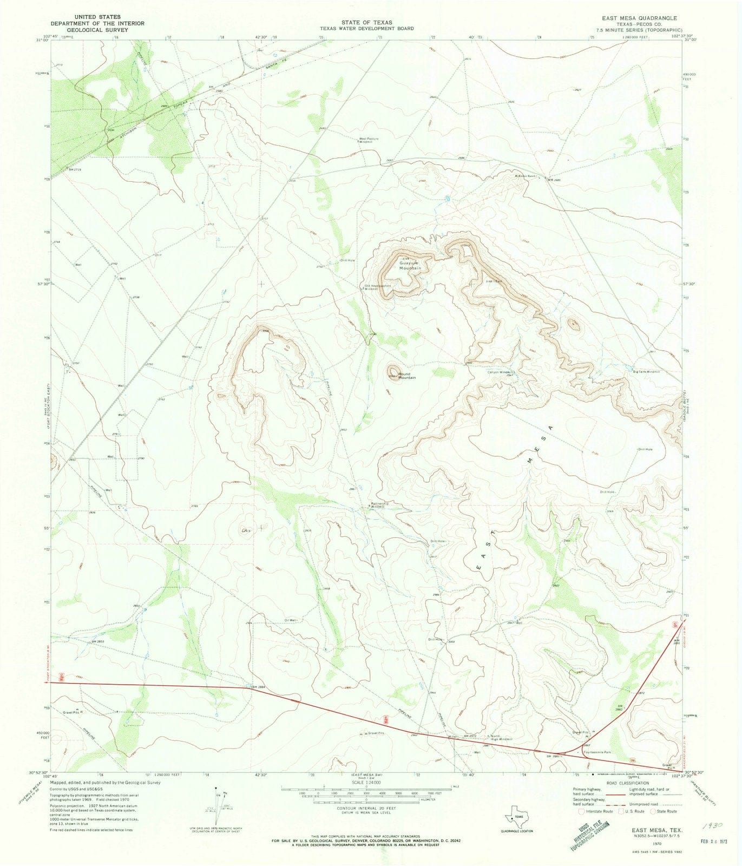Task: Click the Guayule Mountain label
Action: coord(409,265)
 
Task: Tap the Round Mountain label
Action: coord(407,376)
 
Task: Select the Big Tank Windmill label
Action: coord(647,371)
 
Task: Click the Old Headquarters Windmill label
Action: coord(377,287)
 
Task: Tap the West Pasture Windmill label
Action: coord(369,140)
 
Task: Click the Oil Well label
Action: coord(291,620)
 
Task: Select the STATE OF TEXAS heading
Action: coord(366,22)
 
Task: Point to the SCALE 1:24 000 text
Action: coord(366,782)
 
